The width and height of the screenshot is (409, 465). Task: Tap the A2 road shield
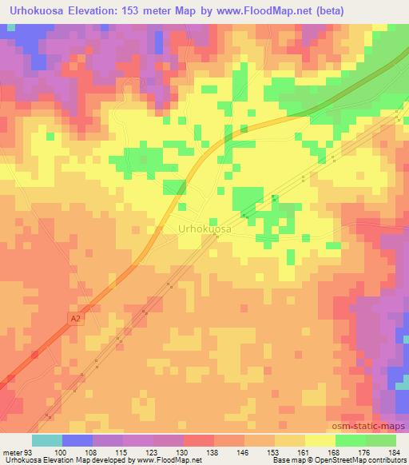click(x=75, y=318)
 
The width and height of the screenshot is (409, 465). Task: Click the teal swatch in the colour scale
click(x=47, y=440)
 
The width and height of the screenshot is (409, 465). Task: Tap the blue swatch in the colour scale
click(x=77, y=440)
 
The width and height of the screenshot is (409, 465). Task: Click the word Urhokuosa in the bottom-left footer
click(x=19, y=460)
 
